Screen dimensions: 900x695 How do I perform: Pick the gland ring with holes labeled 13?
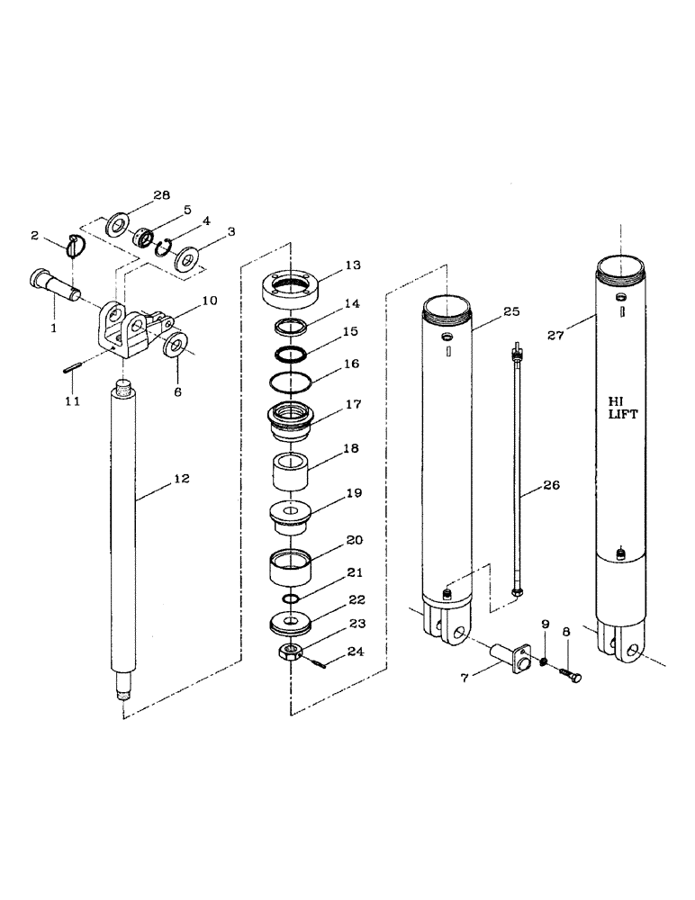(x=290, y=288)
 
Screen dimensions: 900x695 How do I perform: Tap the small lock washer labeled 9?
(x=544, y=663)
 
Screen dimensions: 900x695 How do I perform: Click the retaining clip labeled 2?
(x=77, y=244)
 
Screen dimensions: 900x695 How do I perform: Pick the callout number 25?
(x=510, y=311)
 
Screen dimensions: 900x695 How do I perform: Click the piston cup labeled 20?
(x=291, y=567)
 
